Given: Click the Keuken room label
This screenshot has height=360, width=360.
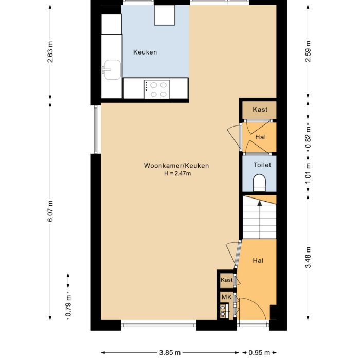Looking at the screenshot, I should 145,52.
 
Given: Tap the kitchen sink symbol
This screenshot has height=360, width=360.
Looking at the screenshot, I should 111,68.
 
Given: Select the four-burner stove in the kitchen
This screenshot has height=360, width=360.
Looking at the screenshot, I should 156,89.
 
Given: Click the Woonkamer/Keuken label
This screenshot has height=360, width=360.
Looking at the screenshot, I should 176,166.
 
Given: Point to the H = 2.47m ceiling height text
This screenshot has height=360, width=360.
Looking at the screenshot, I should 176,173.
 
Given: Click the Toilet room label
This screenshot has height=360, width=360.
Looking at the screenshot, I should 262,165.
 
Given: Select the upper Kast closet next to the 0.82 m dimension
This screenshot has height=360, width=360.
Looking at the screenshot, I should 260,110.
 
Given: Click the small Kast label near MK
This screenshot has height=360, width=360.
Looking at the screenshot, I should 226,280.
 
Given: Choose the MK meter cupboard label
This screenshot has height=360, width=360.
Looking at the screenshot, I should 226,297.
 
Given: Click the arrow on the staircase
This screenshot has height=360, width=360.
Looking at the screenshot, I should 260,204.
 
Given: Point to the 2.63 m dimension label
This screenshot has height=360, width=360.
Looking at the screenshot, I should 50,52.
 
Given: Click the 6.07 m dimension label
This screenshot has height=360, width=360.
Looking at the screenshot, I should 50,210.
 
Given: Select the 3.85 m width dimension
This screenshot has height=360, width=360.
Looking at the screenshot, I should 170,353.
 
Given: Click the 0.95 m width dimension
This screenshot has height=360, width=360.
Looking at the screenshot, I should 259,353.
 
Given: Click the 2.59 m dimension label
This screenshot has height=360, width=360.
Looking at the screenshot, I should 308,51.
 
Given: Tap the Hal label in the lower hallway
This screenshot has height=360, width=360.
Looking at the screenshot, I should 258,261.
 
